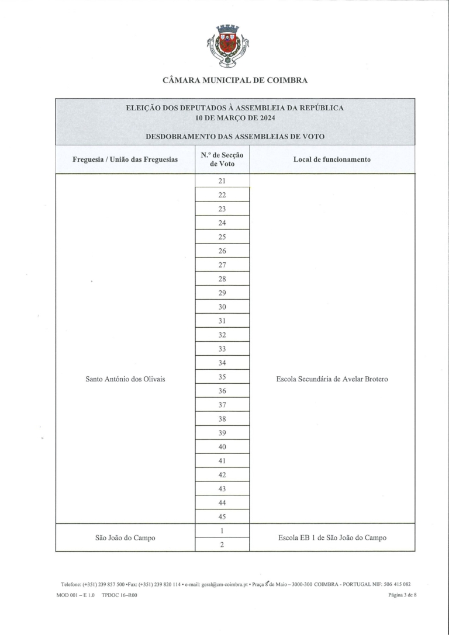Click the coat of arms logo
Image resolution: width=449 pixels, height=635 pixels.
228,46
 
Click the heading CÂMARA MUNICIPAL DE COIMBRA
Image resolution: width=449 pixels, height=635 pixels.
234,81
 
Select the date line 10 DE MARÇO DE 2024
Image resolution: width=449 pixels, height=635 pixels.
234,119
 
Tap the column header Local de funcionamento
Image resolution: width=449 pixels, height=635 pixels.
331,159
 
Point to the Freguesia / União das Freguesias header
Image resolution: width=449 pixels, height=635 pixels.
125,159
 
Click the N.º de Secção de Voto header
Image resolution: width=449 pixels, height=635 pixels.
222,159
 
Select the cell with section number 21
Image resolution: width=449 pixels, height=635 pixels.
222,181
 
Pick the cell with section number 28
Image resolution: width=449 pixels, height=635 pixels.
222,279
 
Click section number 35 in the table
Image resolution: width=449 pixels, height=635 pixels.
222,377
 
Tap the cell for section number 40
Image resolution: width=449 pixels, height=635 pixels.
222,447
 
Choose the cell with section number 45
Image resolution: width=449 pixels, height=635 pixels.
222,517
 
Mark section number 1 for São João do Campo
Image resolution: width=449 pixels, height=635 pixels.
222,530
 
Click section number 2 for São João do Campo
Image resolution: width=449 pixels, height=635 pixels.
222,545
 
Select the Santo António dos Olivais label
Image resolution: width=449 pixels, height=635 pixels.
125,379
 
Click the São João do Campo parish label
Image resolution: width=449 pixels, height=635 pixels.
125,538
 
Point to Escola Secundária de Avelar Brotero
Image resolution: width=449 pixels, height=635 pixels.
331,379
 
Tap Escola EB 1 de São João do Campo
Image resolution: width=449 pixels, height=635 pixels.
331,538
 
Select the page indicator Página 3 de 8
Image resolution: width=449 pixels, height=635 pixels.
402,595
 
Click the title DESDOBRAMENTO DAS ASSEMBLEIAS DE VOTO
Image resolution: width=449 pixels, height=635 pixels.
234,137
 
